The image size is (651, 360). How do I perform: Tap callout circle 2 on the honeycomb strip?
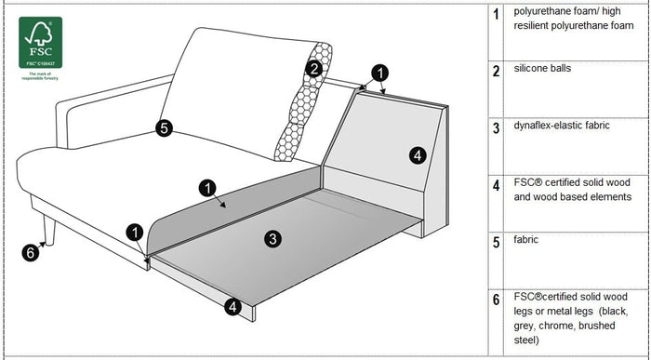pyautogui.click(x=314, y=68)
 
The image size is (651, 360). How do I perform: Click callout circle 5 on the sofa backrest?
pyautogui.click(x=165, y=129)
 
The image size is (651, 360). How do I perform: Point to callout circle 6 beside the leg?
pyautogui.click(x=30, y=251)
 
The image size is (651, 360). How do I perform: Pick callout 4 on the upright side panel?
pyautogui.click(x=418, y=154)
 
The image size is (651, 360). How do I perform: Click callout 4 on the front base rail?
pyautogui.click(x=232, y=304)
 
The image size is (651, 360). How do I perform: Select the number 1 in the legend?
pyautogui.click(x=496, y=15)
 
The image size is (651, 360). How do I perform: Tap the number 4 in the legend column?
pyautogui.click(x=496, y=184)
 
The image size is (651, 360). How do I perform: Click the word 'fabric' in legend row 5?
pyautogui.click(x=527, y=239)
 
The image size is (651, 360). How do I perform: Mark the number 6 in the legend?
pyautogui.click(x=496, y=299)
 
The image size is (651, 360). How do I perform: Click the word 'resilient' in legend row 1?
pyautogui.click(x=537, y=27)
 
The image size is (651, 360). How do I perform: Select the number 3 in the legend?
pyautogui.click(x=496, y=127)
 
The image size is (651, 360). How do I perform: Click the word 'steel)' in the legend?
pyautogui.click(x=527, y=340)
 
